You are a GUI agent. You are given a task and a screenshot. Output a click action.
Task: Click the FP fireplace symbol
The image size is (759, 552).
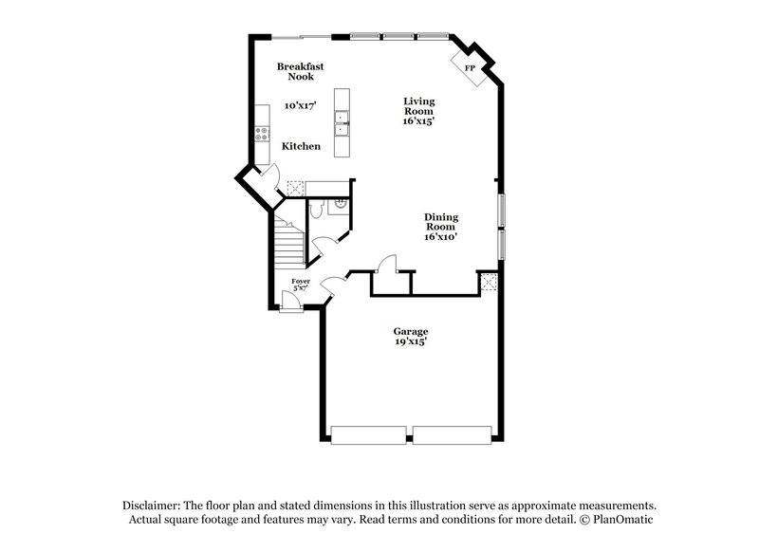[469, 68]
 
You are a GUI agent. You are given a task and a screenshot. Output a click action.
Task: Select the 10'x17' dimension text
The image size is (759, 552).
[301, 106]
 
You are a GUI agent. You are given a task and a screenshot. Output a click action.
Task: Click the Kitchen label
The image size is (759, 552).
[301, 146]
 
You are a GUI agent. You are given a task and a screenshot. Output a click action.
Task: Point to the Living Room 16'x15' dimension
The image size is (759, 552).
[417, 121]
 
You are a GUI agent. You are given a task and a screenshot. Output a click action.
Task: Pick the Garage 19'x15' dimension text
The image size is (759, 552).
[411, 341]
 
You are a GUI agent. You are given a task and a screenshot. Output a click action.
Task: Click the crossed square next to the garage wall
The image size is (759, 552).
[488, 281]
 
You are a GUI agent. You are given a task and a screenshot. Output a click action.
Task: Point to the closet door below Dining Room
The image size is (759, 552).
[386, 265]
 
